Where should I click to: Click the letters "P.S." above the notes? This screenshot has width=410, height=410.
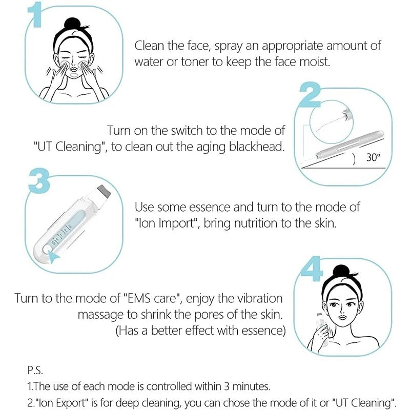35,370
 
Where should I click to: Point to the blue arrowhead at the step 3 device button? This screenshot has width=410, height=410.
52,253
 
